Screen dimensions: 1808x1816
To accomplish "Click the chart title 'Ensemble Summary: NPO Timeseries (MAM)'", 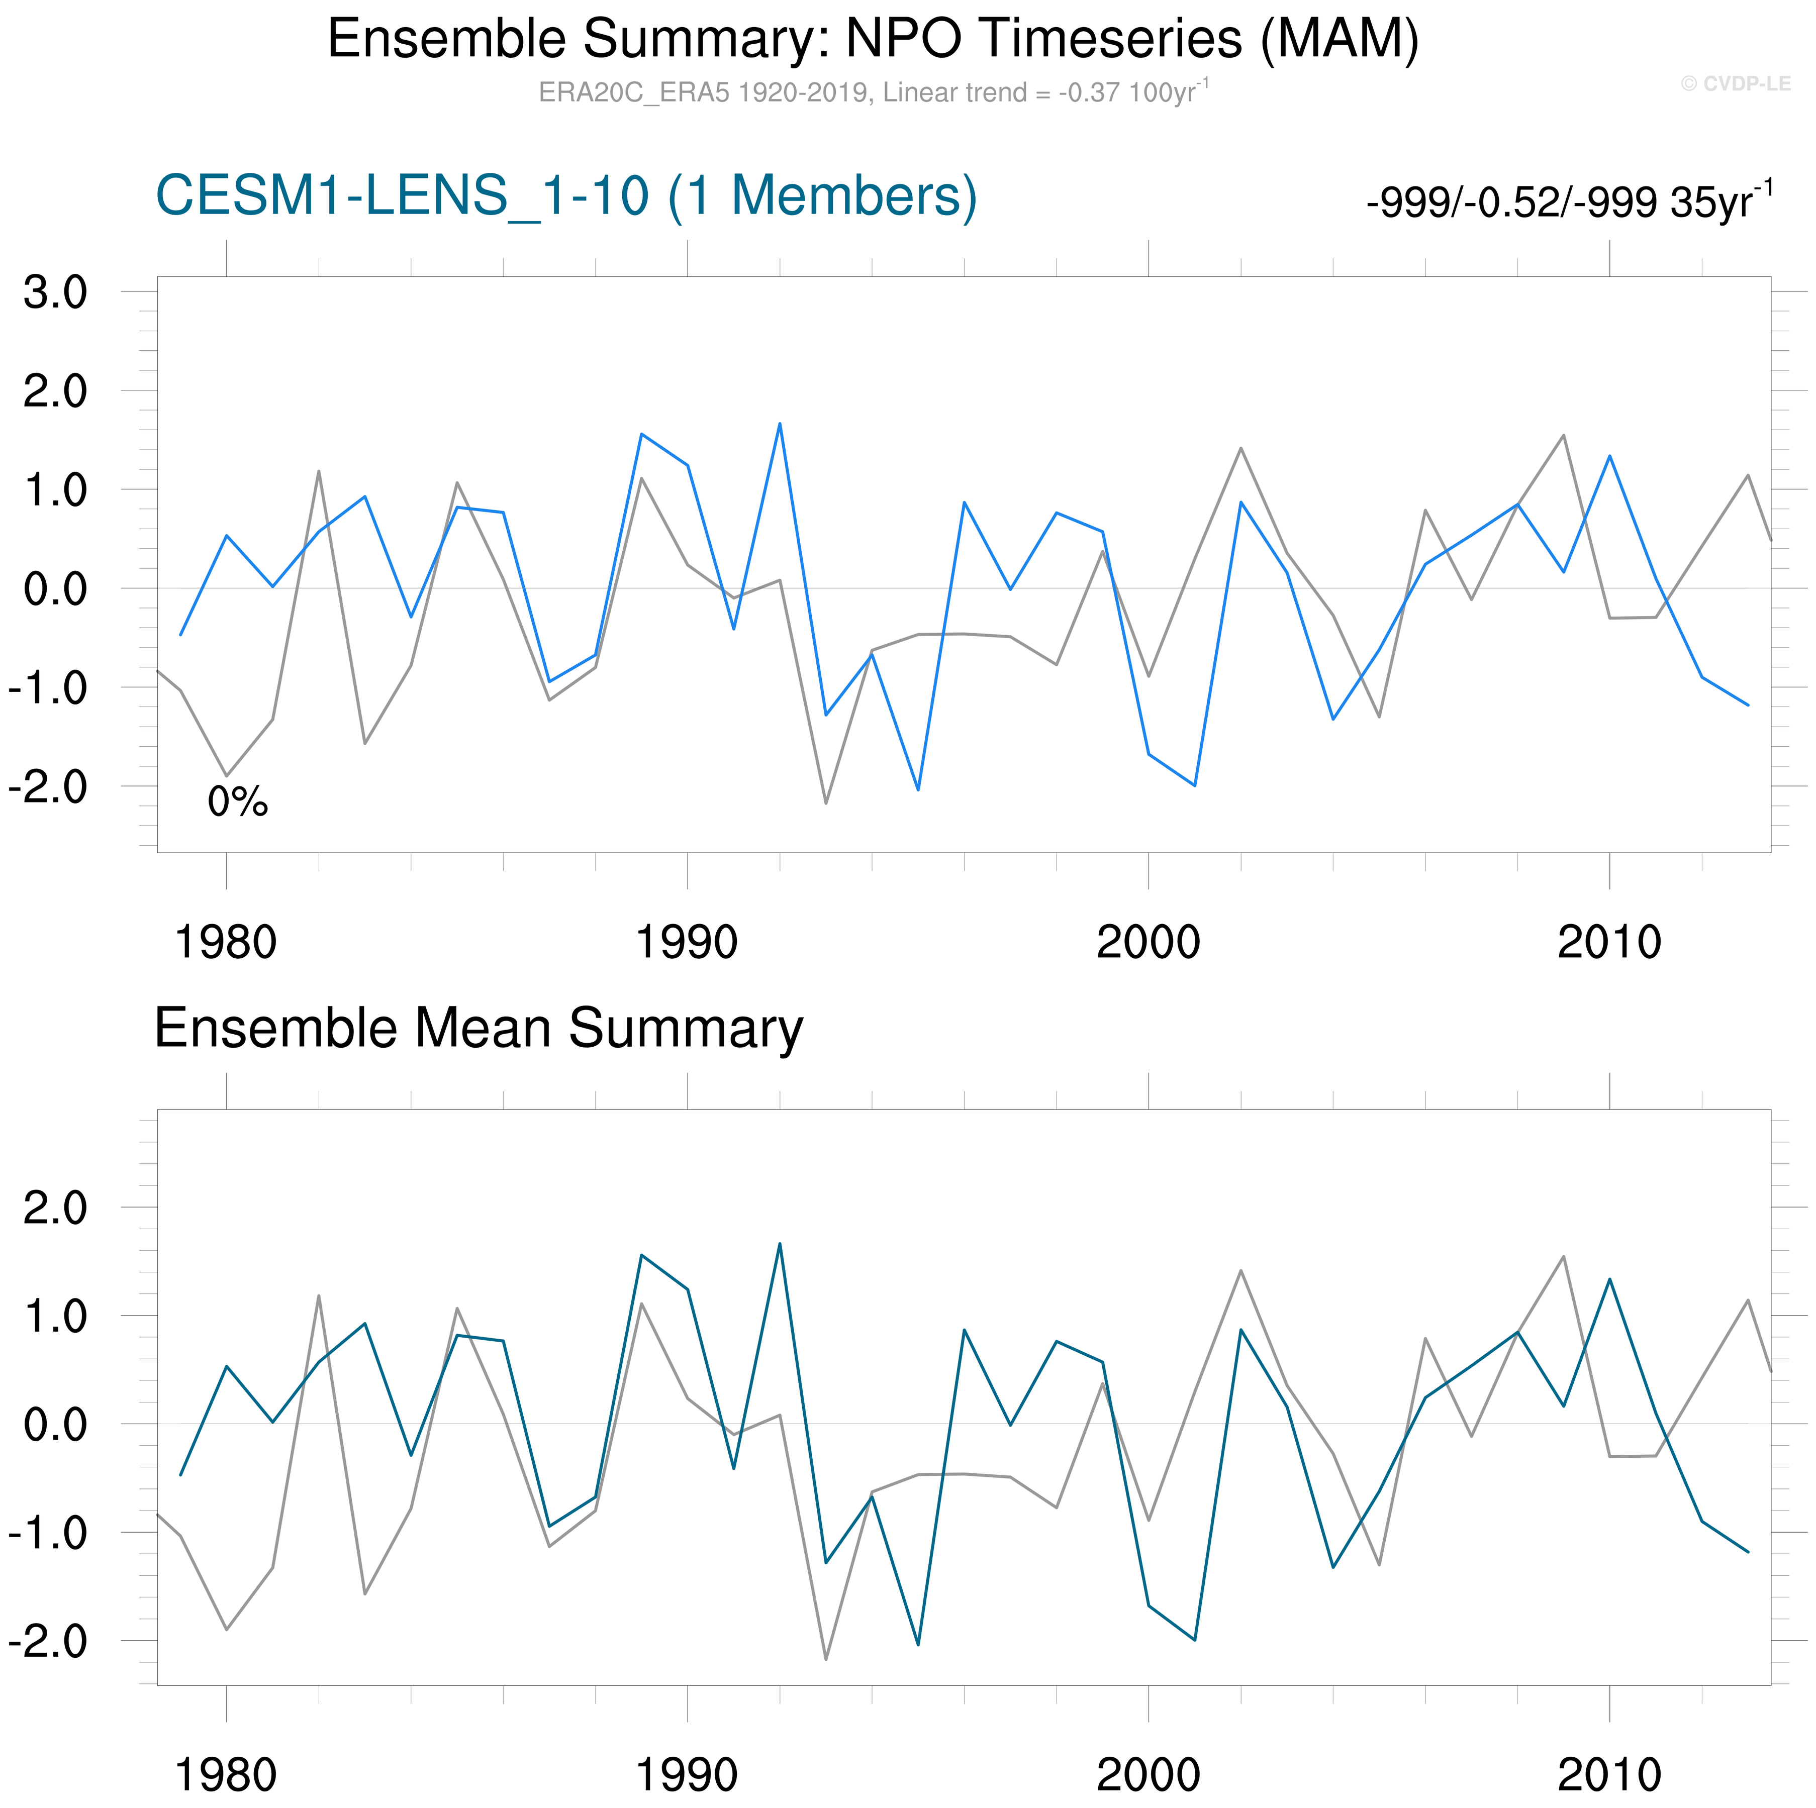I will pos(872,40).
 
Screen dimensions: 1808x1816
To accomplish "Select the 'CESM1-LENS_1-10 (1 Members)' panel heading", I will pos(566,196).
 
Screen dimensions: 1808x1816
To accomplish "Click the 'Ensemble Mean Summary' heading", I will pos(479,1028).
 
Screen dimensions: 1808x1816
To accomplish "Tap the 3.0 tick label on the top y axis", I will pos(55,292).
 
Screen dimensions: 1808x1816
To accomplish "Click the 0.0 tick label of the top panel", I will pos(55,589).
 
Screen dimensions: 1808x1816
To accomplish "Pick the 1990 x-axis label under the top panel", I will pos(687,943).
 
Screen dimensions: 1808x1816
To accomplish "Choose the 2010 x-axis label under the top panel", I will pos(1609,943).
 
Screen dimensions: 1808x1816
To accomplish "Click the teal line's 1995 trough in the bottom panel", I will pos(918,1645).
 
